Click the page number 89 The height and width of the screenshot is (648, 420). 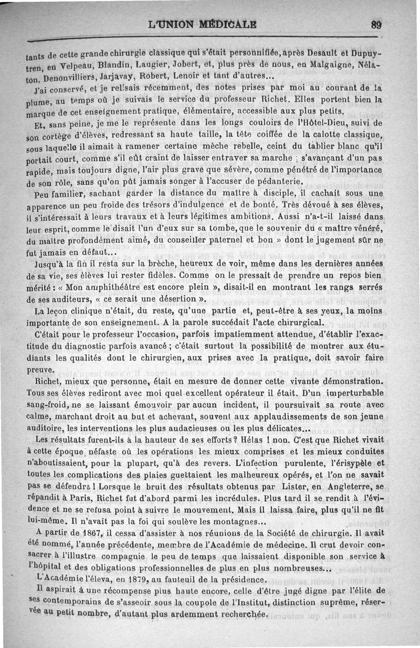tap(375, 24)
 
